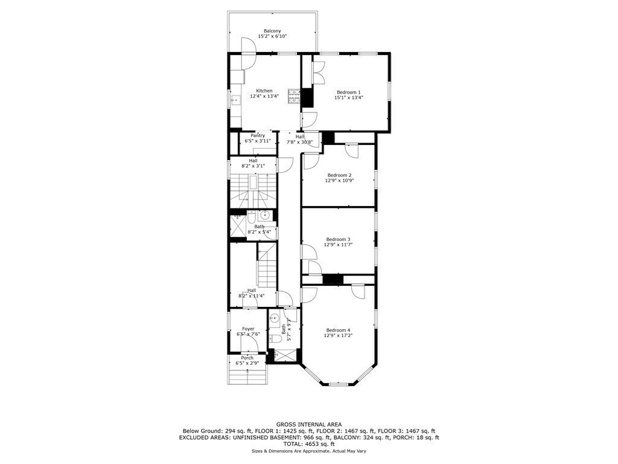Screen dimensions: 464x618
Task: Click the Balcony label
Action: point(272,31)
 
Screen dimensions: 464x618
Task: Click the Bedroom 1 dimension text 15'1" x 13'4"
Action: point(348,97)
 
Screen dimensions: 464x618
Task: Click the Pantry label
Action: point(258,135)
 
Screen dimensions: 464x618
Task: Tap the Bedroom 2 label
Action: point(339,175)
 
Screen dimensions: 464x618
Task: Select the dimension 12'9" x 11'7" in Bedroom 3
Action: point(338,245)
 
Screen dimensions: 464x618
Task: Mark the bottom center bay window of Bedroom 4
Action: point(338,384)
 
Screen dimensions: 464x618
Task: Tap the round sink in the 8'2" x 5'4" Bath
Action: point(264,215)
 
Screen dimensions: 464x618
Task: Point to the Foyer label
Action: point(247,329)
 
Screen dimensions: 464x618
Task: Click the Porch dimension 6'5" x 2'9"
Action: point(247,363)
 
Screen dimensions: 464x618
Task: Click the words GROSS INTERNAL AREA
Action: point(308,425)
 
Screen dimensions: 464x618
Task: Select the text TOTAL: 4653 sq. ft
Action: point(308,444)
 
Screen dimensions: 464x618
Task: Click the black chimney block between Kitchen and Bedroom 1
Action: point(307,97)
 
